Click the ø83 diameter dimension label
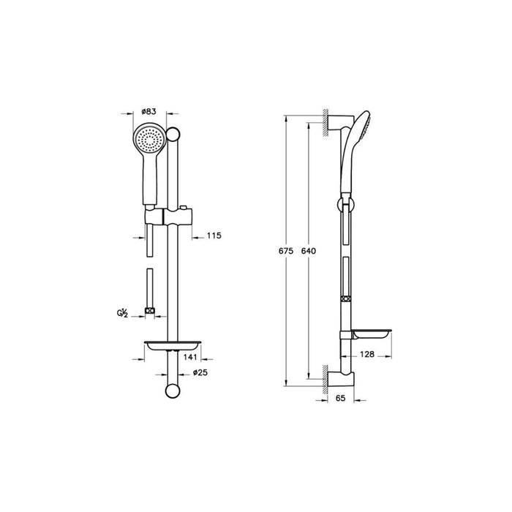pyautogui.click(x=149, y=111)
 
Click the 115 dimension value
pyautogui.click(x=213, y=236)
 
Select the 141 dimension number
pyautogui.click(x=191, y=358)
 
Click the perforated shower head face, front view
pyautogui.click(x=149, y=138)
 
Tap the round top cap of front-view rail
pyautogui.click(x=173, y=134)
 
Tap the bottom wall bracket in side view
pyautogui.click(x=340, y=379)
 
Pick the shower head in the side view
pyautogui.click(x=359, y=135)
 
